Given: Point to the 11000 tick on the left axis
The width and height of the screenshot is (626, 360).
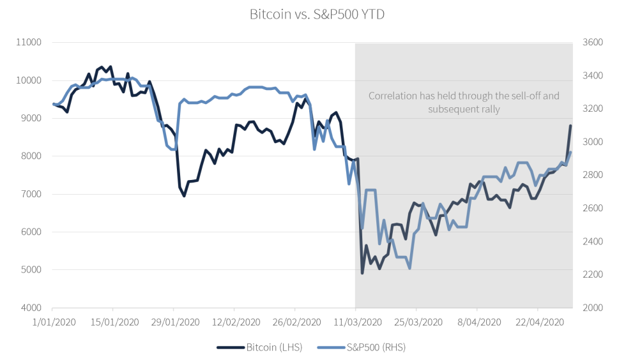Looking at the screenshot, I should point(28,43).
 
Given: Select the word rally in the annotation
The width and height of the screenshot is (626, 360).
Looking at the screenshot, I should point(489,109).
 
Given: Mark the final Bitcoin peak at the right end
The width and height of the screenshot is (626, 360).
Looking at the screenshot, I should point(570,126).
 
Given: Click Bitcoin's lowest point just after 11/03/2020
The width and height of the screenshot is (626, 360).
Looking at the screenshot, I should point(362,273).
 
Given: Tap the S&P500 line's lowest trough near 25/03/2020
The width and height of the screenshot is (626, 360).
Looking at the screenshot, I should point(409,268).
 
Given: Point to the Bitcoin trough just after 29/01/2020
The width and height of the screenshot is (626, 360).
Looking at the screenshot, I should point(185,196).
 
